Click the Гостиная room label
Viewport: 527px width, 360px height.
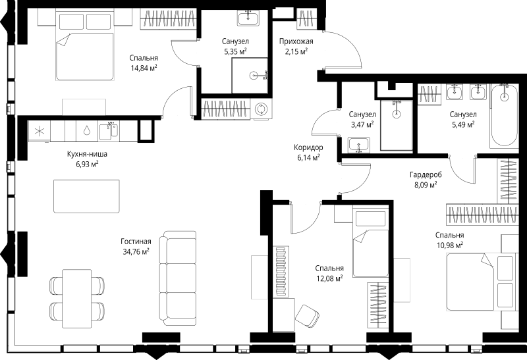136,242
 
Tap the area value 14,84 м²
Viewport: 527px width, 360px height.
144,68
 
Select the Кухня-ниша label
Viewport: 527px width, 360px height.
87,155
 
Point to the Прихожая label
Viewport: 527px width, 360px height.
296,41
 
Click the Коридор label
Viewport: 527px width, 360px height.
308,147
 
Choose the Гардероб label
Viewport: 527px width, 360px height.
426,174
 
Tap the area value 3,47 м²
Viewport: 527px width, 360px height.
362,124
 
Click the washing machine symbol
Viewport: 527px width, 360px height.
260,109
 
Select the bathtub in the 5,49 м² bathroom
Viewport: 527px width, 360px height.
504,116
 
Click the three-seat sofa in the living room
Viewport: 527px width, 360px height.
177,278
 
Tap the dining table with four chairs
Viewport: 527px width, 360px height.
76,298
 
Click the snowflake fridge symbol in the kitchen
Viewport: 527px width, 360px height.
40,131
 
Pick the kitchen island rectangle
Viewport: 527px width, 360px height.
86,196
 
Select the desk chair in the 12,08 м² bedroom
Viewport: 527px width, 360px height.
307,316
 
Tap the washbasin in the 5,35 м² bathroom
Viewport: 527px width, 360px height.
248,18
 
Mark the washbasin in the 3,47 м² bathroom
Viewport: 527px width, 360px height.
359,145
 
